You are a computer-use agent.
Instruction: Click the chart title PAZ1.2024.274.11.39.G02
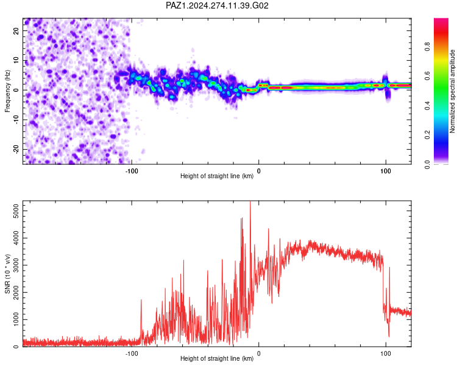point(217,5)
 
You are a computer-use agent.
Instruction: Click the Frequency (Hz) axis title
point(7,91)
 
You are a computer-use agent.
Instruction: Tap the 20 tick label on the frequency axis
point(16,31)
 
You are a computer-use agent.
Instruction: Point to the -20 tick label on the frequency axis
point(16,150)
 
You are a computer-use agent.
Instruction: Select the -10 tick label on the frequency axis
point(16,120)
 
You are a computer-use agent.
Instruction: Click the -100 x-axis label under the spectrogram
point(132,171)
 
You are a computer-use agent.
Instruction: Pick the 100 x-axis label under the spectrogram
point(386,171)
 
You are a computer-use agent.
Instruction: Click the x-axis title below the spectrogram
point(217,176)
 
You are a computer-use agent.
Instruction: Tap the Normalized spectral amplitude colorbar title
point(452,91)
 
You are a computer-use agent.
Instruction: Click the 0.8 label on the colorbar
point(427,47)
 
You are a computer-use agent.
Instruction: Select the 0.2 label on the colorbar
point(427,135)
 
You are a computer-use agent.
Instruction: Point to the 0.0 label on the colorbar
point(427,164)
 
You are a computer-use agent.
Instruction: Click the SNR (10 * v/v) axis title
point(7,274)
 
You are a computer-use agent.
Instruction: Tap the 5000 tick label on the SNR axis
point(16,210)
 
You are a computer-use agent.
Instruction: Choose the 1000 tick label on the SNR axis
point(16,319)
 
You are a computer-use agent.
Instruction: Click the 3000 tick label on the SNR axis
point(16,265)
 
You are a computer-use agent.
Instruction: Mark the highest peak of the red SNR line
point(250,201)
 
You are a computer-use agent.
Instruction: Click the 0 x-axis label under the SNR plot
point(258,353)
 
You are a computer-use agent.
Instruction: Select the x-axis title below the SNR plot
point(217,358)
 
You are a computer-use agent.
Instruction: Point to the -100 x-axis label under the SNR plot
point(132,353)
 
